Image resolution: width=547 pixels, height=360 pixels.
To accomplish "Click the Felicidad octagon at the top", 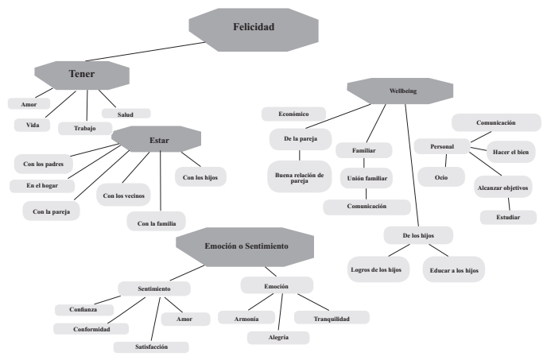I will [x=253, y=28].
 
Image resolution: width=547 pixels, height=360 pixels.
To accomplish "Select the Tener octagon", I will [x=83, y=75].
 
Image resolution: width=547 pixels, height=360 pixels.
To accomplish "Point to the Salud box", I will [x=125, y=114].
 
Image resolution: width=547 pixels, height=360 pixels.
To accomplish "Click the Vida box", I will [x=33, y=125].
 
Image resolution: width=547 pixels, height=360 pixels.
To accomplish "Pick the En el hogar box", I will [x=42, y=185].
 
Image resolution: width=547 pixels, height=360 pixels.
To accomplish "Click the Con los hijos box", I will [x=200, y=176].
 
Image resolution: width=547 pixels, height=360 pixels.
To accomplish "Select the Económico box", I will [x=293, y=114].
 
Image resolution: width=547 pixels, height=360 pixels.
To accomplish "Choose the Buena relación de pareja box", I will [x=293, y=176].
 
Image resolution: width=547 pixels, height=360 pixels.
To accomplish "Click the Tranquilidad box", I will [x=332, y=317].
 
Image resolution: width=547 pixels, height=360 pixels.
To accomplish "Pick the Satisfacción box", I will [x=151, y=347].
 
